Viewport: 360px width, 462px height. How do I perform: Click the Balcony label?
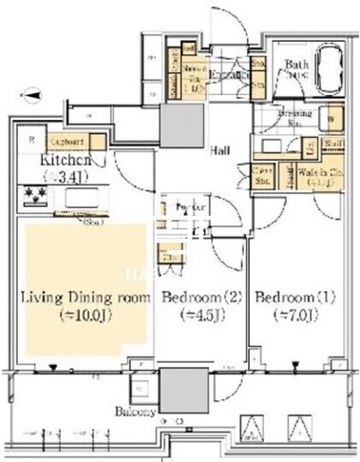(x=138, y=412)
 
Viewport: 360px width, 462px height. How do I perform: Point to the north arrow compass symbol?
(x=32, y=94)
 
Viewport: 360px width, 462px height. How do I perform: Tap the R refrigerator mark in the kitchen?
(x=31, y=137)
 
